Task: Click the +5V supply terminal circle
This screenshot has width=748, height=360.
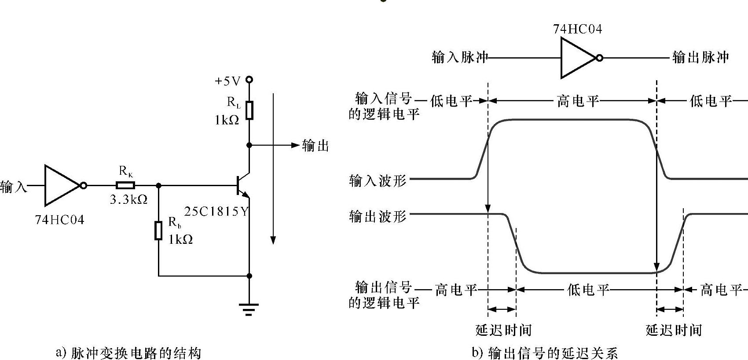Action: point(249,80)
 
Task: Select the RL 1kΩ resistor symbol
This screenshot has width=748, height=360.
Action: point(249,110)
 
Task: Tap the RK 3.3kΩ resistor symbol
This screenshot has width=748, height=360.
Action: point(125,186)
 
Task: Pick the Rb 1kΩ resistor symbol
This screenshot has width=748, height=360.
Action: point(158,231)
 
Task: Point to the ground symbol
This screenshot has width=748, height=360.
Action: point(249,309)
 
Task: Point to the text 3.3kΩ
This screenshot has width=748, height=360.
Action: point(128,200)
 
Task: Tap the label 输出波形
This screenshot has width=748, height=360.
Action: point(378,217)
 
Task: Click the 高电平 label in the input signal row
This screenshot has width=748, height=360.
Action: point(578,101)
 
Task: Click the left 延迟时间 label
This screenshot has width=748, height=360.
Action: point(503,330)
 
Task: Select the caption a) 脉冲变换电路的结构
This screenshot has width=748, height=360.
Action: point(128,353)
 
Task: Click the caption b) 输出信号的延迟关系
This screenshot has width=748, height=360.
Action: point(545,353)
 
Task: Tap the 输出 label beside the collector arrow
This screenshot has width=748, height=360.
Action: point(315,146)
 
